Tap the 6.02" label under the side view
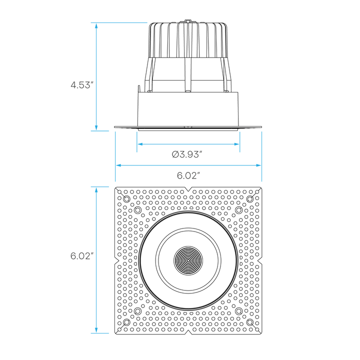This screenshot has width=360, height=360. [188, 175]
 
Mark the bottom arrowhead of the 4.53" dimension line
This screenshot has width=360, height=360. [96, 128]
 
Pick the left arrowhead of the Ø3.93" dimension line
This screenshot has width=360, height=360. [140, 144]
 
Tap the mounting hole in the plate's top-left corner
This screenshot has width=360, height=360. [125, 198]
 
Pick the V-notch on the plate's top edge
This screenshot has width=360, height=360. [188, 189]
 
